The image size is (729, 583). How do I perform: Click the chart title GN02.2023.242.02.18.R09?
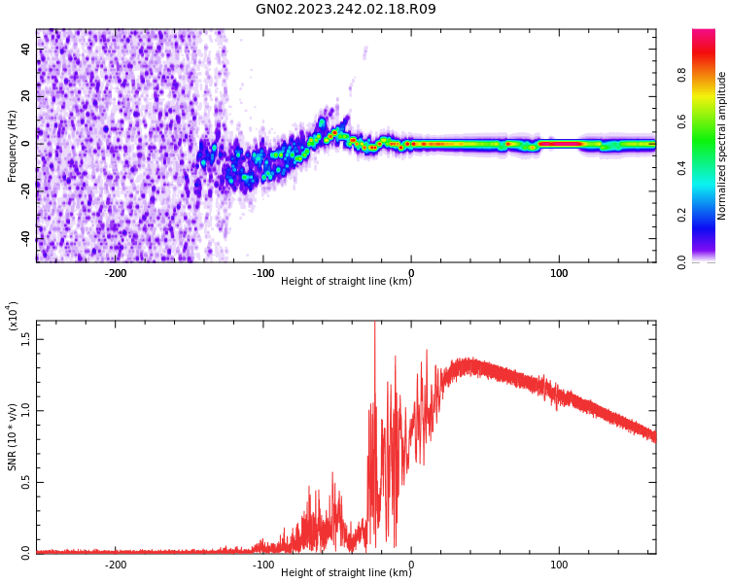(x=346, y=10)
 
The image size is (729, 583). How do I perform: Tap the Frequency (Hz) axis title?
(x=13, y=146)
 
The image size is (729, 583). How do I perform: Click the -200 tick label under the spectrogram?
(x=116, y=273)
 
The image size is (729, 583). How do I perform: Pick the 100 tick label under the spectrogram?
(x=559, y=273)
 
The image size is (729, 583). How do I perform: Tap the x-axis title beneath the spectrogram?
(x=346, y=282)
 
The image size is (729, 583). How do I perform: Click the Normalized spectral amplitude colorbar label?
(x=722, y=146)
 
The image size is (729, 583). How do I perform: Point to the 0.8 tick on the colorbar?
(x=681, y=74)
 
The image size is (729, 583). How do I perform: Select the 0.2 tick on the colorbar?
(x=681, y=215)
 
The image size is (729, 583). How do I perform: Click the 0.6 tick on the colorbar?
(x=681, y=120)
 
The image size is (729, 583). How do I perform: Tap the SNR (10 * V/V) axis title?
(x=13, y=436)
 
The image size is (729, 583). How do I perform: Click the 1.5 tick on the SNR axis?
(x=26, y=339)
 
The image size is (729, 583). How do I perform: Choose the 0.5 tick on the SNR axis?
(x=26, y=482)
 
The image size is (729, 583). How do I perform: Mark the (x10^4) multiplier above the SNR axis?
(x=13, y=317)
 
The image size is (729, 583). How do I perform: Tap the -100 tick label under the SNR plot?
(x=263, y=565)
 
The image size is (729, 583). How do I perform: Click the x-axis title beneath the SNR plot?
(x=346, y=573)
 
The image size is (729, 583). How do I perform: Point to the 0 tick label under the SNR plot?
(x=411, y=565)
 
